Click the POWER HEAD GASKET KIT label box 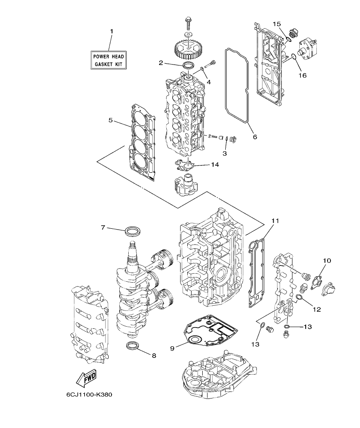point(109,60)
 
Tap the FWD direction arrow point(86,378)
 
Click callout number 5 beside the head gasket point(111,121)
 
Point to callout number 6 point(255,137)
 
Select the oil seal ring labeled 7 point(133,231)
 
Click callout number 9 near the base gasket point(172,348)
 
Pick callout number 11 point(275,221)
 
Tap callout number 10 point(327,260)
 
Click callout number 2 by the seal point(161,63)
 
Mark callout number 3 point(224,153)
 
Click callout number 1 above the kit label point(112,32)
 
